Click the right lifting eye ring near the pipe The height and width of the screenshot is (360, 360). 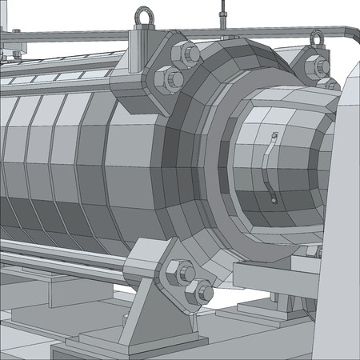coord(318,37)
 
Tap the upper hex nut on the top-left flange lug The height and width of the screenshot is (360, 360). coord(190,54)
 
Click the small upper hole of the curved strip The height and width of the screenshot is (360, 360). coord(273,136)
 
